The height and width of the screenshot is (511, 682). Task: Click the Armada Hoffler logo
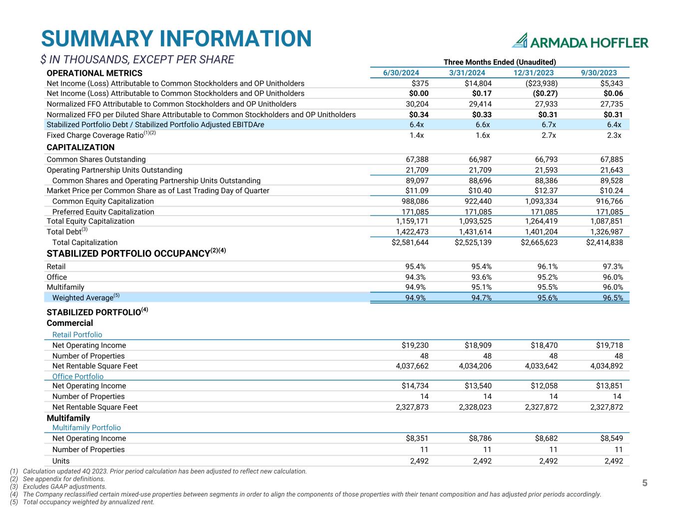tap(581, 41)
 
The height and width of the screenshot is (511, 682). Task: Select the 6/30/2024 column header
tap(401, 73)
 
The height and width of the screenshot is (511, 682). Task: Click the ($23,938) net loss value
tap(539, 83)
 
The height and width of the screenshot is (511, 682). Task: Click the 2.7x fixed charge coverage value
tap(548, 135)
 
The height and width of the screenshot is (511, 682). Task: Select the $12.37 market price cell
tap(544, 191)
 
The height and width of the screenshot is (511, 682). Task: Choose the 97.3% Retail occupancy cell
tap(612, 266)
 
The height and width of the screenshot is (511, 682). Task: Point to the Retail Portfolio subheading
tap(77, 335)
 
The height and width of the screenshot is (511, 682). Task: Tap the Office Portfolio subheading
tap(78, 376)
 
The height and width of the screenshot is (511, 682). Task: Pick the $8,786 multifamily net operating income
tap(478, 438)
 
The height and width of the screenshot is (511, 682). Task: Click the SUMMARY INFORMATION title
tap(176, 39)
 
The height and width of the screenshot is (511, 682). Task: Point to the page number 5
tap(645, 483)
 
